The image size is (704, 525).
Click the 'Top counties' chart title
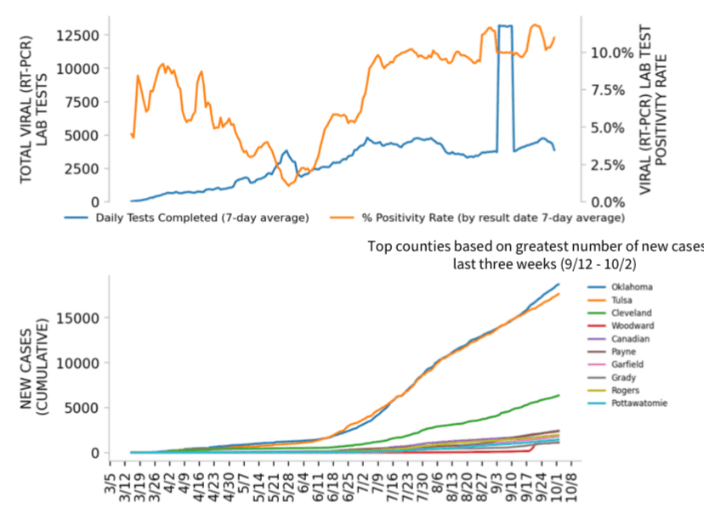click(536, 255)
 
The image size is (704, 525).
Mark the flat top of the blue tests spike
click(505, 26)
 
